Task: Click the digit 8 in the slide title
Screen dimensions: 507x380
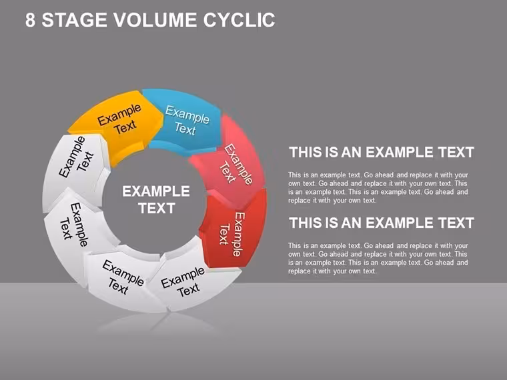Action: [30, 20]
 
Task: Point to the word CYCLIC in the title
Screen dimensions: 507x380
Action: [239, 20]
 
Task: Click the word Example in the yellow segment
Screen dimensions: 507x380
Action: [119, 115]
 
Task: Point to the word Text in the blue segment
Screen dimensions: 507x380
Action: [185, 129]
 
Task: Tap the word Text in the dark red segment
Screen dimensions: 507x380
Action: [224, 235]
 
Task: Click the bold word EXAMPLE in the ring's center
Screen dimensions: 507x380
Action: [156, 191]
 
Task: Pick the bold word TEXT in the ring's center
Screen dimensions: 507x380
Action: [157, 208]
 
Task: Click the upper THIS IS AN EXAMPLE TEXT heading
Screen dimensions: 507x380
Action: [382, 152]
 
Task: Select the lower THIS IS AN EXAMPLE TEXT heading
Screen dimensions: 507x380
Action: [382, 223]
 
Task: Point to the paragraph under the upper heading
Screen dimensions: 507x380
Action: [378, 188]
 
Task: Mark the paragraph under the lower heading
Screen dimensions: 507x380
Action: [378, 259]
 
